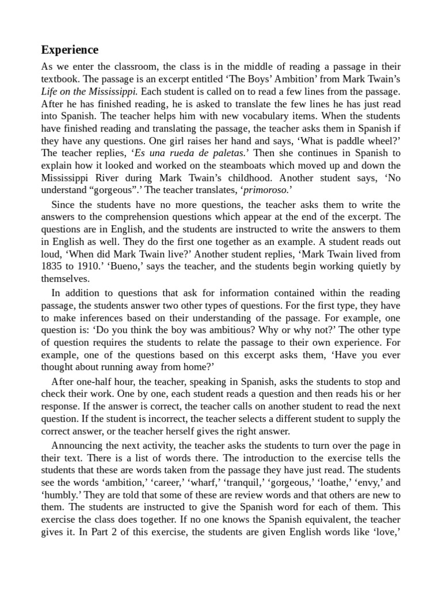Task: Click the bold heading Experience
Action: point(70,50)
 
